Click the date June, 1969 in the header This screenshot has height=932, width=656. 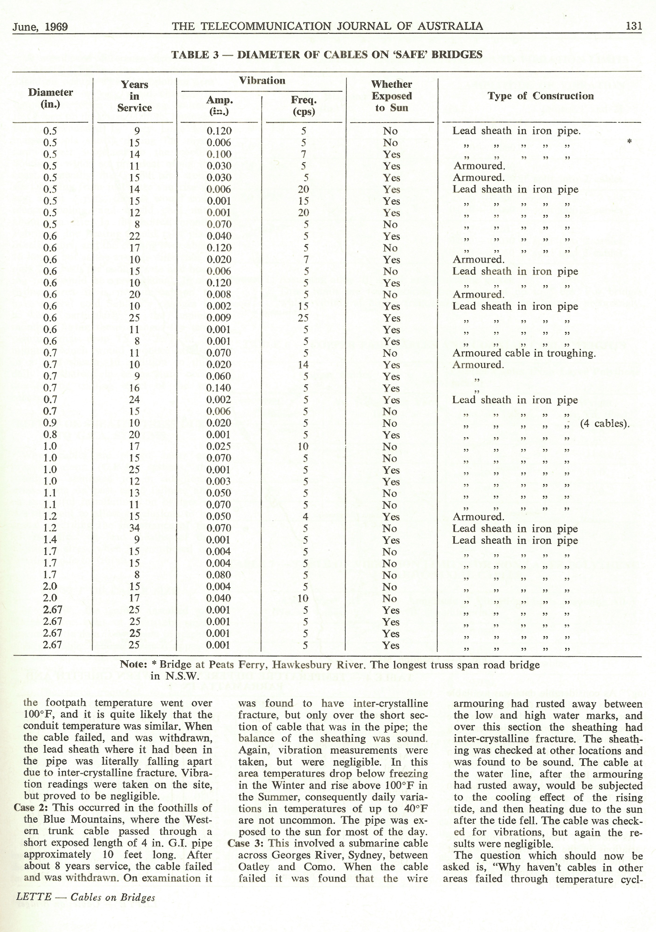point(40,27)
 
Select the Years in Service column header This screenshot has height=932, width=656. point(135,96)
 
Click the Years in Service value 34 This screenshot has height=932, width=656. point(135,528)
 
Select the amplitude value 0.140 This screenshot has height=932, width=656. point(219,388)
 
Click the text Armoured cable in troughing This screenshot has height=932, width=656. point(524,353)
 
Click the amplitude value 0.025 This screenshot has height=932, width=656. point(219,446)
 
